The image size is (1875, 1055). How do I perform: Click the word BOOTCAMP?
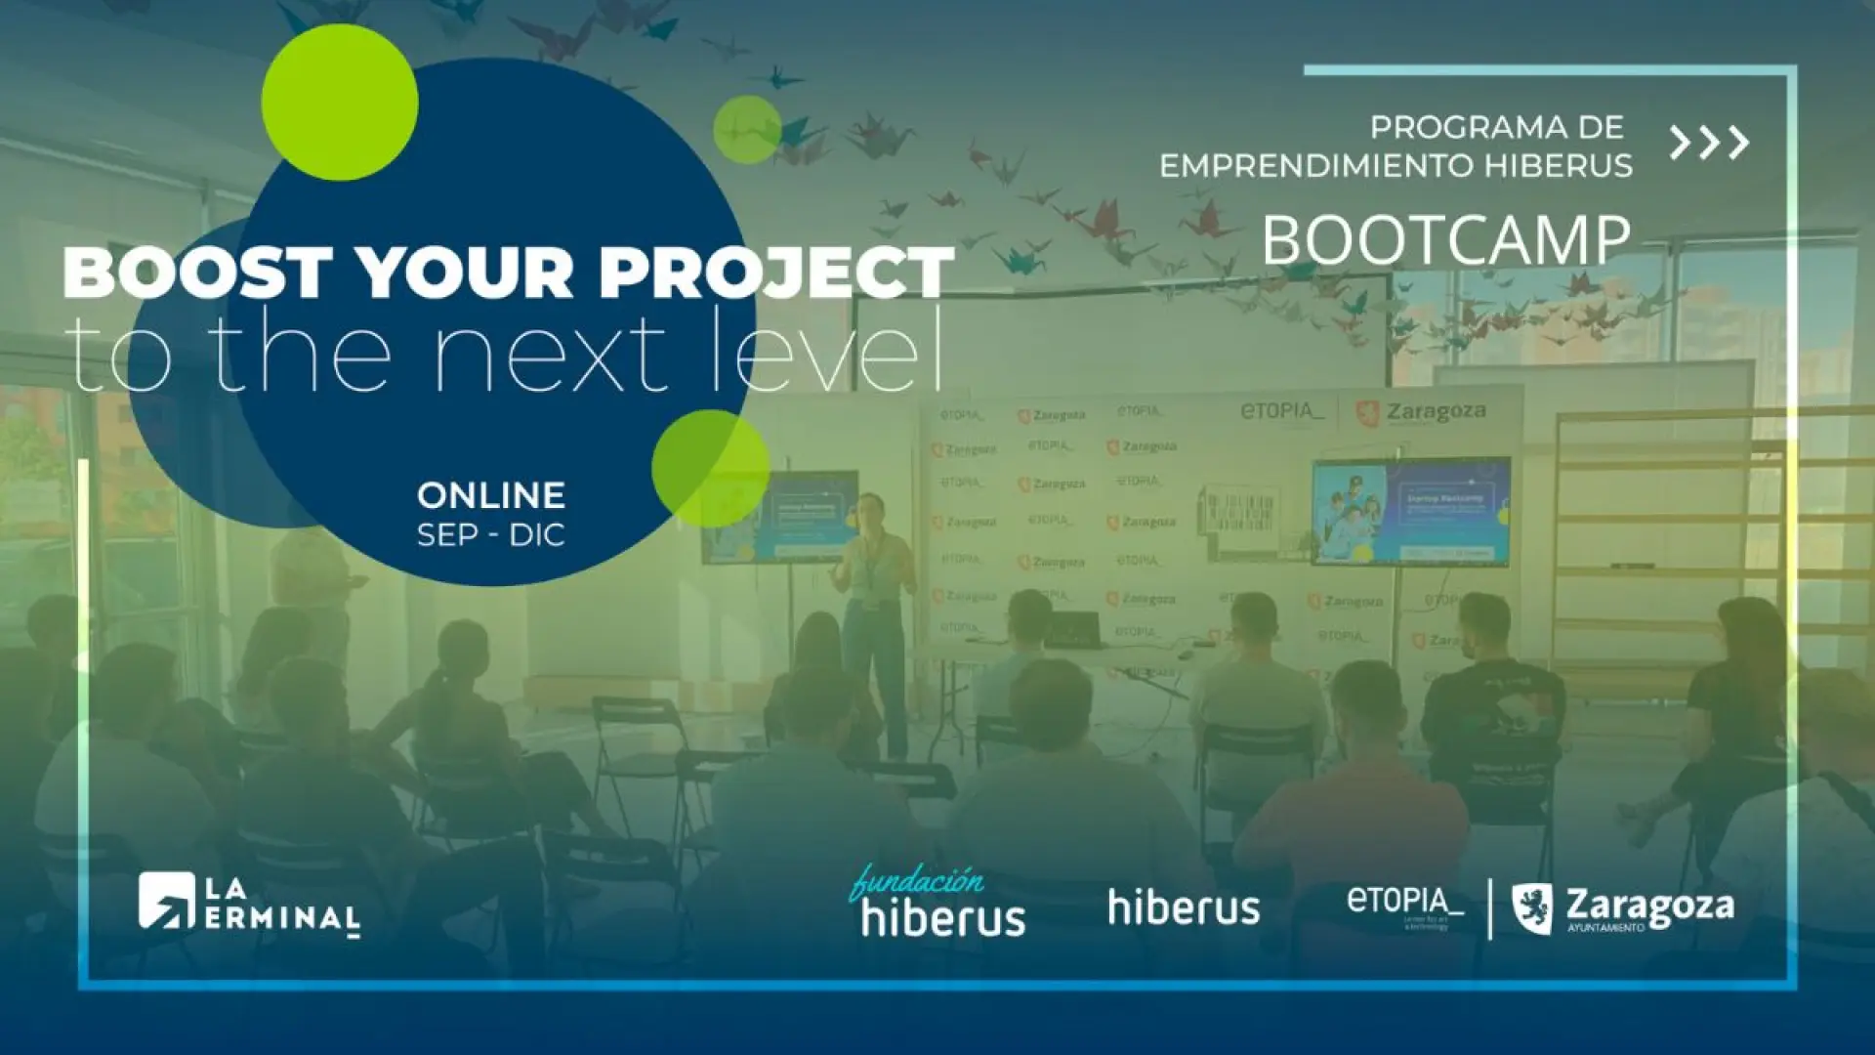1445,240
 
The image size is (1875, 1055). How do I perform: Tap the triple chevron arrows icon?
1709,143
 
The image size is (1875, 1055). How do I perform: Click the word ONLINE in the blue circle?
491,495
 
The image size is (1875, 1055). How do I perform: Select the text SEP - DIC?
491,535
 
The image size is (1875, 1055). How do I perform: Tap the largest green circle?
340,103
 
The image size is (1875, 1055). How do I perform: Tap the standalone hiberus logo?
1184,907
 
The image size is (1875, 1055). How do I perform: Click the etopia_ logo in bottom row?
1404,904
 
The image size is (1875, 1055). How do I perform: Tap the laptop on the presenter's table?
1074,630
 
